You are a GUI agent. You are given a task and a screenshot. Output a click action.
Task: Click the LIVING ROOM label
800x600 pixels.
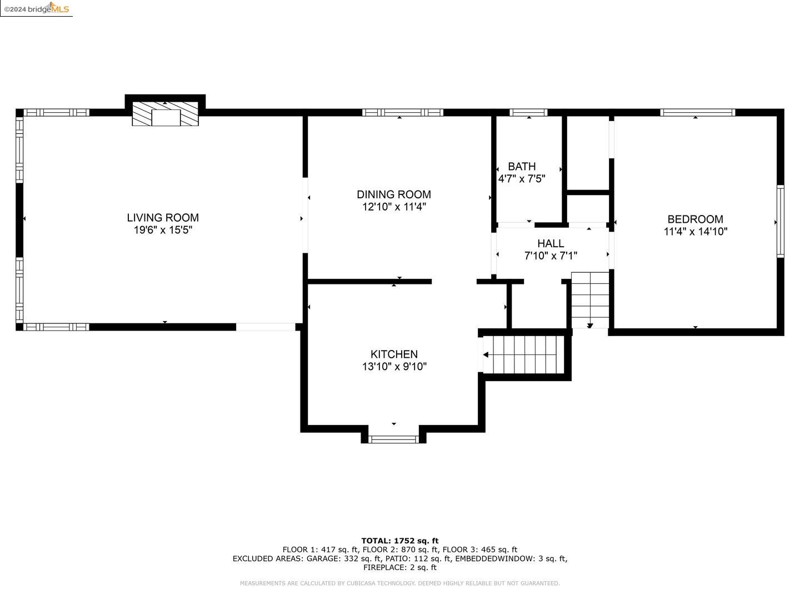point(163,218)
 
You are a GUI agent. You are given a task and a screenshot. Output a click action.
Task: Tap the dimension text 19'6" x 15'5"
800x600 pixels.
point(163,230)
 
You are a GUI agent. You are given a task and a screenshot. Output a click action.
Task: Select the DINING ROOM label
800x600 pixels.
point(394,194)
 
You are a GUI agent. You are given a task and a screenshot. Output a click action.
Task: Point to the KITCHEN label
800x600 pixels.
point(394,354)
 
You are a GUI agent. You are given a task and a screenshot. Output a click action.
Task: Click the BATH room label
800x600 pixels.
point(522,166)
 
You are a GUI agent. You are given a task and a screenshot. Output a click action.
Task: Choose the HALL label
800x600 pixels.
point(551,243)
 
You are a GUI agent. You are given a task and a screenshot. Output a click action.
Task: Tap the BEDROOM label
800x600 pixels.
point(695,219)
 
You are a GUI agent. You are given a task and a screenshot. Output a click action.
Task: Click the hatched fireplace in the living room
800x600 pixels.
point(165,114)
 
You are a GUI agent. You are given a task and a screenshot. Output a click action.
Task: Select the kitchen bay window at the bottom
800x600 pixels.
point(394,439)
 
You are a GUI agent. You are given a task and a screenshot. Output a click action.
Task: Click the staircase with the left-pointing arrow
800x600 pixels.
point(521,354)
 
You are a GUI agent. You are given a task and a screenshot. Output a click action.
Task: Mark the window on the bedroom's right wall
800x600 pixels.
point(780,221)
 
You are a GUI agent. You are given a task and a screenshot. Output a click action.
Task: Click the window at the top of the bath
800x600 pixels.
point(528,113)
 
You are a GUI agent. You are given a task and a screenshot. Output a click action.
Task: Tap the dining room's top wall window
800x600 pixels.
point(403,113)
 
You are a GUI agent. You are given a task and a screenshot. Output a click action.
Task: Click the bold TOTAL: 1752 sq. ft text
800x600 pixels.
point(399,541)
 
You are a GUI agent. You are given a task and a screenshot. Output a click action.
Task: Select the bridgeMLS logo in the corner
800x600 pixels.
point(37,8)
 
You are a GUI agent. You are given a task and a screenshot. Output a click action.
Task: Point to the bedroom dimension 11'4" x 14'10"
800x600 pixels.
point(695,232)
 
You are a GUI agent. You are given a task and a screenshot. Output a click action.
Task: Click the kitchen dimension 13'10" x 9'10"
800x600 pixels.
point(394,367)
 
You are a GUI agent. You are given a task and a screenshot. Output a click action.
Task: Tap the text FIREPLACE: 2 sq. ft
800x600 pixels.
point(399,567)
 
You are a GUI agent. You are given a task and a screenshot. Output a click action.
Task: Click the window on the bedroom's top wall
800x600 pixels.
point(697,113)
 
